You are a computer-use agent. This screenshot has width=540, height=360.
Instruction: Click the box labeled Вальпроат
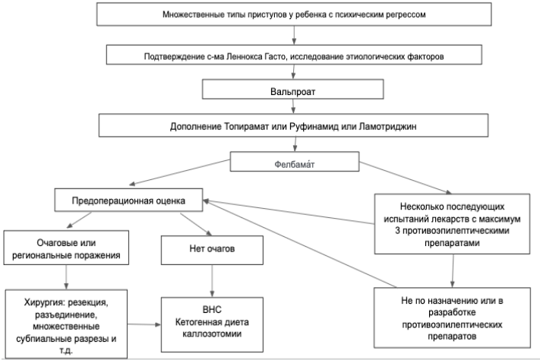tap(292, 89)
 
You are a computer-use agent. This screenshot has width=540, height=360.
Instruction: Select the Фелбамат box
tap(295, 161)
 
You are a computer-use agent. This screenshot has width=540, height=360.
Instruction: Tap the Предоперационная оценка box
tap(128, 200)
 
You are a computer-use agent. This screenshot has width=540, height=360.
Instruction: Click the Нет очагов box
tap(212, 250)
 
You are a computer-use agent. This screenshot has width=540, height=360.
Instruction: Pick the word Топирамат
tap(247, 126)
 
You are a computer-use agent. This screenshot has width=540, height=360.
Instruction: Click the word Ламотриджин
tap(387, 126)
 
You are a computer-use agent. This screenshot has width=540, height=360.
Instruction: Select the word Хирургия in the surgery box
tap(44, 302)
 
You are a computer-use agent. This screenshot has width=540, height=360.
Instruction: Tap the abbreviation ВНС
tap(212, 310)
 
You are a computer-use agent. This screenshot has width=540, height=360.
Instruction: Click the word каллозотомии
tap(212, 334)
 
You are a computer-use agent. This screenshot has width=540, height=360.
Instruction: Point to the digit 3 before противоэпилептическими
tap(397, 231)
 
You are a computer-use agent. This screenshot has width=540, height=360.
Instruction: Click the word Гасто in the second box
tap(275, 56)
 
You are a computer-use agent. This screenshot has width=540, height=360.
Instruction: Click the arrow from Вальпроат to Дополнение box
tap(293, 106)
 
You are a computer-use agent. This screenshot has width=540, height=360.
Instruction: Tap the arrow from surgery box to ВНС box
tap(144, 324)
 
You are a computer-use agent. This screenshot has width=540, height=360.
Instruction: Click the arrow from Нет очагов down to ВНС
tap(212, 281)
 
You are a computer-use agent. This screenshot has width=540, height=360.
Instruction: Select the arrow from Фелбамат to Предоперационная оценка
tap(180, 172)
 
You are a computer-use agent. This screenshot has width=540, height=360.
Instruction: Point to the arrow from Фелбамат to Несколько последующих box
tap(406, 178)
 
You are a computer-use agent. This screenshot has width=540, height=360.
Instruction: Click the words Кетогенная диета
tap(212, 322)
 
